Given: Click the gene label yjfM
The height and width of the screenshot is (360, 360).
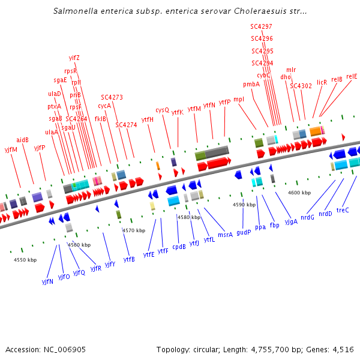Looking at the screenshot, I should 11,149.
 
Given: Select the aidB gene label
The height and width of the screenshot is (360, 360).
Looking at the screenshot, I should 23,140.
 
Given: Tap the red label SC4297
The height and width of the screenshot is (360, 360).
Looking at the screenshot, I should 261,26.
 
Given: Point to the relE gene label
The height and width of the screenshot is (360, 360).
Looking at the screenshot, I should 351,76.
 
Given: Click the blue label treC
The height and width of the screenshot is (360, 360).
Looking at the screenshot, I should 343,211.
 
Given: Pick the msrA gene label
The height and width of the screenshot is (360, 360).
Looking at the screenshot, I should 225,235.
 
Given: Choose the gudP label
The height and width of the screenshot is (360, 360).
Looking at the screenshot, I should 244,232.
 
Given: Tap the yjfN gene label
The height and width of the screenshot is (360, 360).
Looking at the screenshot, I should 47,281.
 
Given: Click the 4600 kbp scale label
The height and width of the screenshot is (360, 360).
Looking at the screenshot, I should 299,193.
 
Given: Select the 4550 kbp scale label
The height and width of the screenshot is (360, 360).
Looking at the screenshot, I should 25,260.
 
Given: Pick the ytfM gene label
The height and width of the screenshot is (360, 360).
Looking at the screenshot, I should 194,109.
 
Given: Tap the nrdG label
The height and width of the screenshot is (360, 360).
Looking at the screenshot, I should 308,217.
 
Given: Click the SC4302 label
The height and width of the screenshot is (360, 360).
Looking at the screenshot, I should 301,86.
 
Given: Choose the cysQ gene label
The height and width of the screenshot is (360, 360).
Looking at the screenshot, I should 163,110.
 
